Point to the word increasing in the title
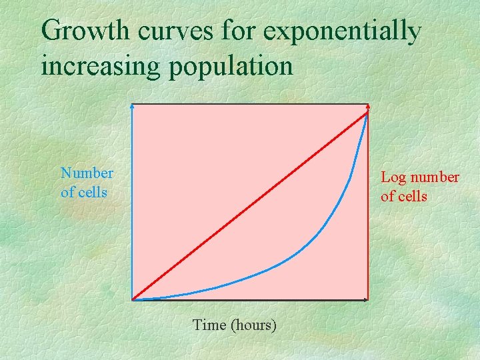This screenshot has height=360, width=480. click(x=100, y=66)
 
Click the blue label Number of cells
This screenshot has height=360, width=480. click(x=87, y=183)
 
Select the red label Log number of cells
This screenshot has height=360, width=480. click(x=419, y=187)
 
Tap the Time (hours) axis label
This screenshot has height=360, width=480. click(x=234, y=325)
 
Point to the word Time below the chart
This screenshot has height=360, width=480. click(x=209, y=325)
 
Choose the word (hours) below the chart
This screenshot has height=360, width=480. click(x=253, y=325)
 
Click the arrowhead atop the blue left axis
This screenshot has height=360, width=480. click(x=132, y=106)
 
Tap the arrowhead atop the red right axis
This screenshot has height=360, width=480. click(x=368, y=107)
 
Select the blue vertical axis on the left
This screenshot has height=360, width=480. click(x=132, y=200)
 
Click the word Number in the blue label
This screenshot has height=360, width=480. click(x=87, y=174)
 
